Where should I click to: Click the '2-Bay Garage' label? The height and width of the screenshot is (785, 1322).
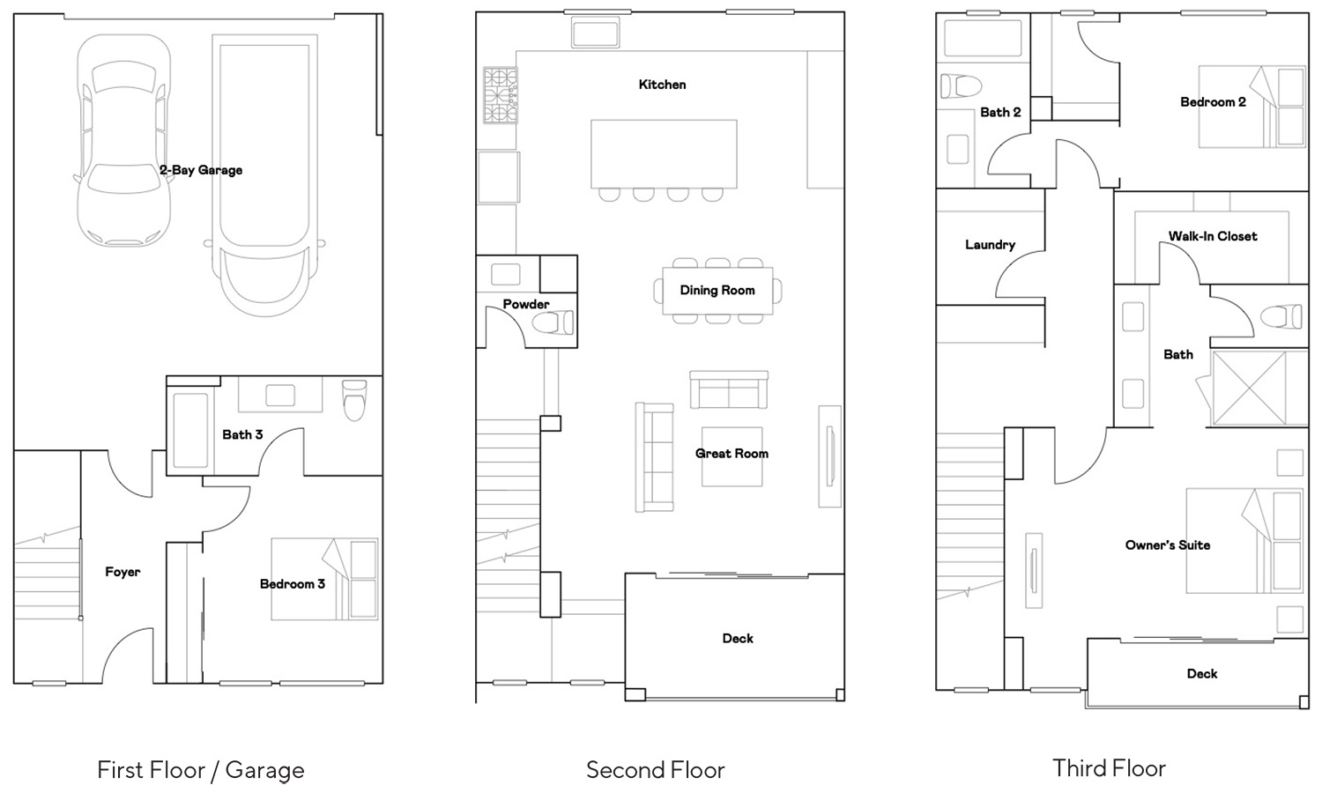[x=201, y=170]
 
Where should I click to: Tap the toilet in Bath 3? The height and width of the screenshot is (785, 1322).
[x=354, y=400]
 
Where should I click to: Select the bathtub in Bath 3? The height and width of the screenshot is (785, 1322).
[x=190, y=431]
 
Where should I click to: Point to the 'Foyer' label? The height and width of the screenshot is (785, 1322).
[x=123, y=572]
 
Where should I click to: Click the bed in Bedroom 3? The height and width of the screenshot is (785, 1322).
[x=324, y=579]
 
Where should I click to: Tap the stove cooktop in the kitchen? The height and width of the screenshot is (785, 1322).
[x=501, y=95]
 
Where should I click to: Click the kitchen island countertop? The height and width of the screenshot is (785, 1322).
[x=664, y=154]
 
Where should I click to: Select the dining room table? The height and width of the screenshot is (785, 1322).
[x=717, y=291]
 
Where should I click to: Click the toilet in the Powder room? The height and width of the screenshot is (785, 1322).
[x=553, y=322]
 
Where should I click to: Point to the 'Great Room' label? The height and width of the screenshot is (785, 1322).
[x=732, y=454]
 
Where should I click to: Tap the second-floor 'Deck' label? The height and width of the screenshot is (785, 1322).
[x=738, y=638]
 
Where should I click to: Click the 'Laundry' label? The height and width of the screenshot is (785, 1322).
[x=991, y=245]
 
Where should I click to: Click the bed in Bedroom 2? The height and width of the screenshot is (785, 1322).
[x=1251, y=107]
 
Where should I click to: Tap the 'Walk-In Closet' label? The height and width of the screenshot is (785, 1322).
[x=1213, y=236]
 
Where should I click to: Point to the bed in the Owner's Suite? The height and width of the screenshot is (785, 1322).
[x=1244, y=540]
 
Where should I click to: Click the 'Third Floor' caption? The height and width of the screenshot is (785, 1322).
[x=1110, y=768]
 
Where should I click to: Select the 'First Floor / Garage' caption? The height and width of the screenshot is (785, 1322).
[x=201, y=770]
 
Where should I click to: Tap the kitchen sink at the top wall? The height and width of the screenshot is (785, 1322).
[x=596, y=32]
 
